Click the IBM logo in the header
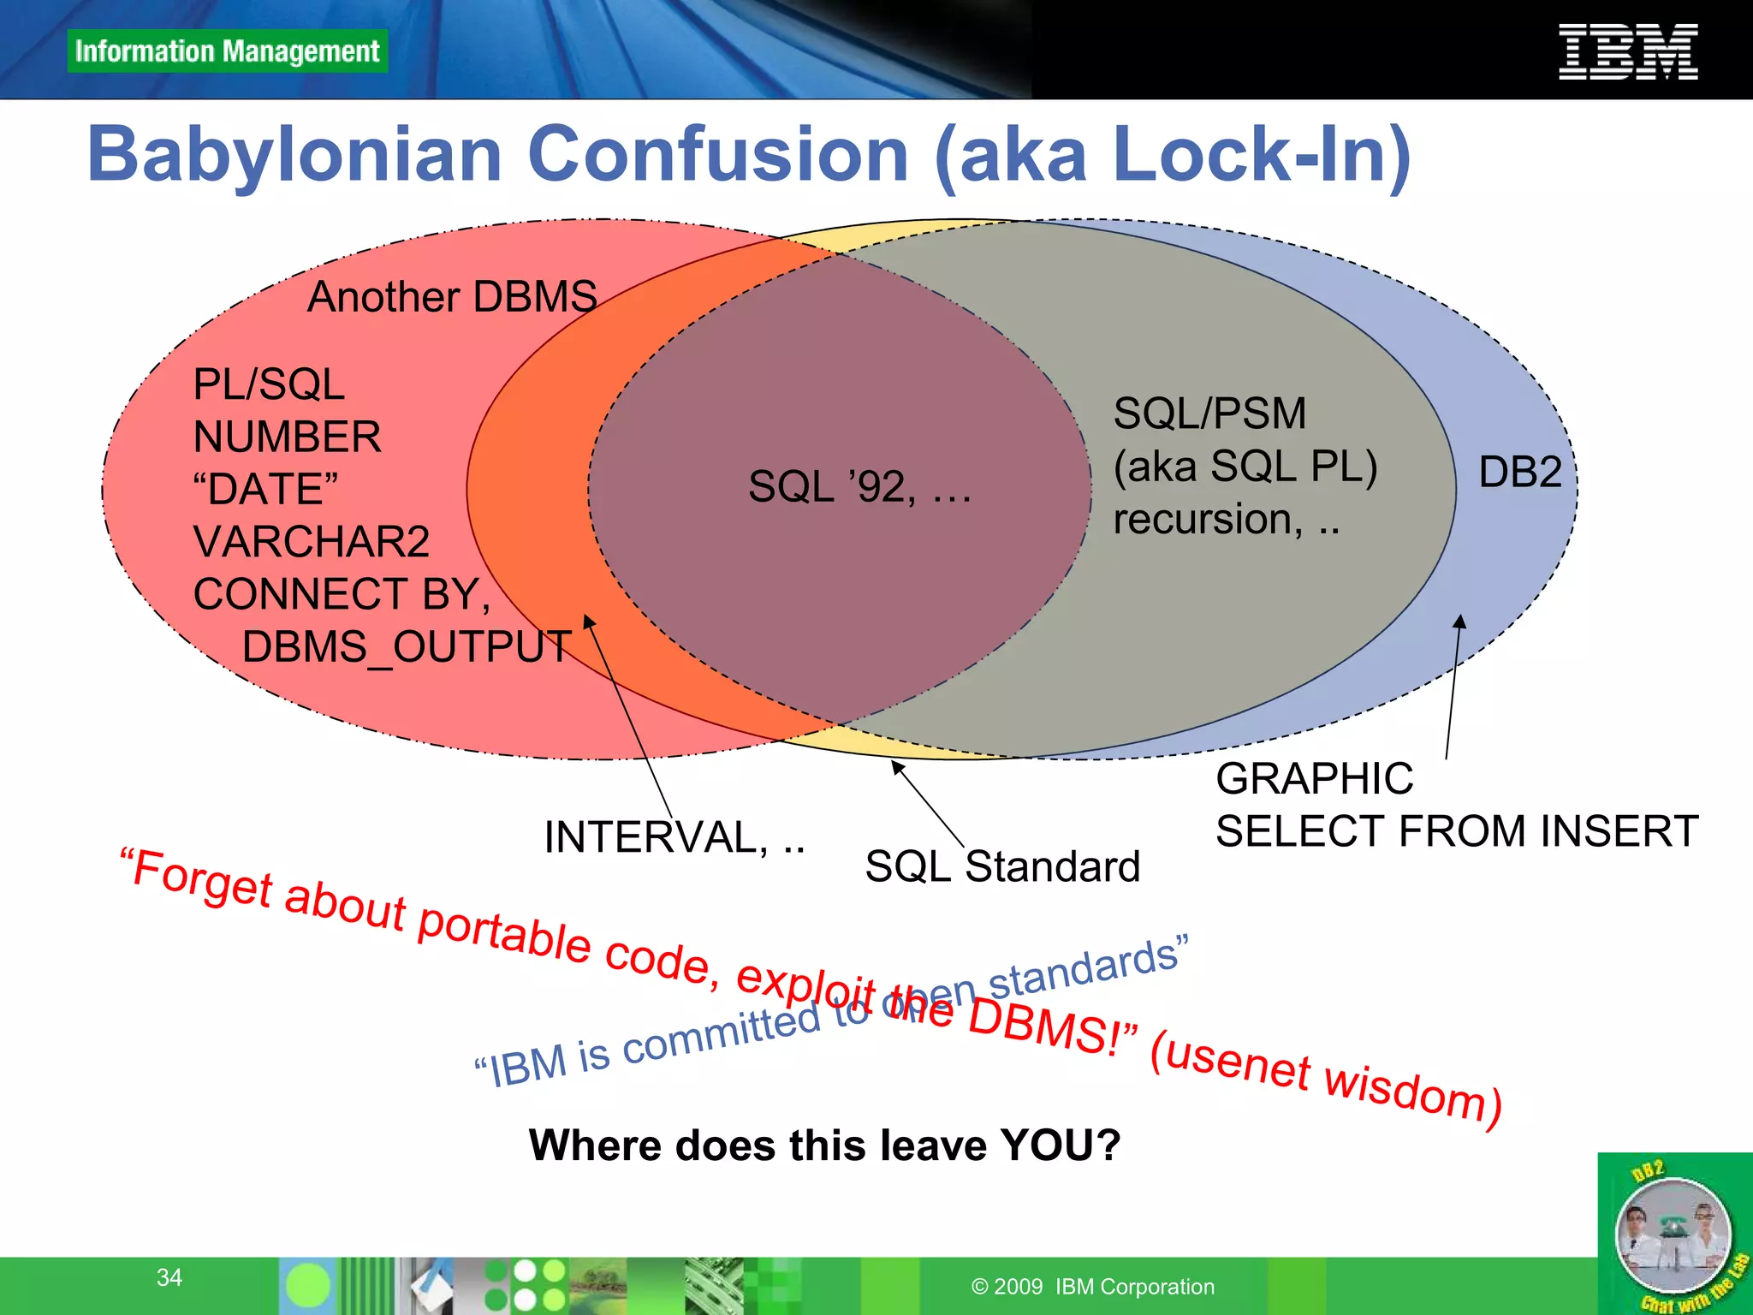click(x=1628, y=52)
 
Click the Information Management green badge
click(x=227, y=51)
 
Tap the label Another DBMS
click(x=452, y=297)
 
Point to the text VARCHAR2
click(x=312, y=542)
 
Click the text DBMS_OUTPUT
click(x=407, y=647)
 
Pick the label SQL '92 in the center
click(x=859, y=486)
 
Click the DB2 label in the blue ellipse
click(x=1520, y=473)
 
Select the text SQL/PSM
click(x=1209, y=414)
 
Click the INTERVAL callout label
click(x=674, y=837)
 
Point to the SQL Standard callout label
click(x=1002, y=866)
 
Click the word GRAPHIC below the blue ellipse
click(x=1315, y=779)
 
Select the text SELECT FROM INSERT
click(x=1457, y=831)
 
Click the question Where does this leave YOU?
click(x=824, y=1145)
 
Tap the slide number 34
click(x=169, y=1277)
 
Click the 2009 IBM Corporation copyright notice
click(x=1093, y=1287)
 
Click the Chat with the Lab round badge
click(x=1673, y=1236)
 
